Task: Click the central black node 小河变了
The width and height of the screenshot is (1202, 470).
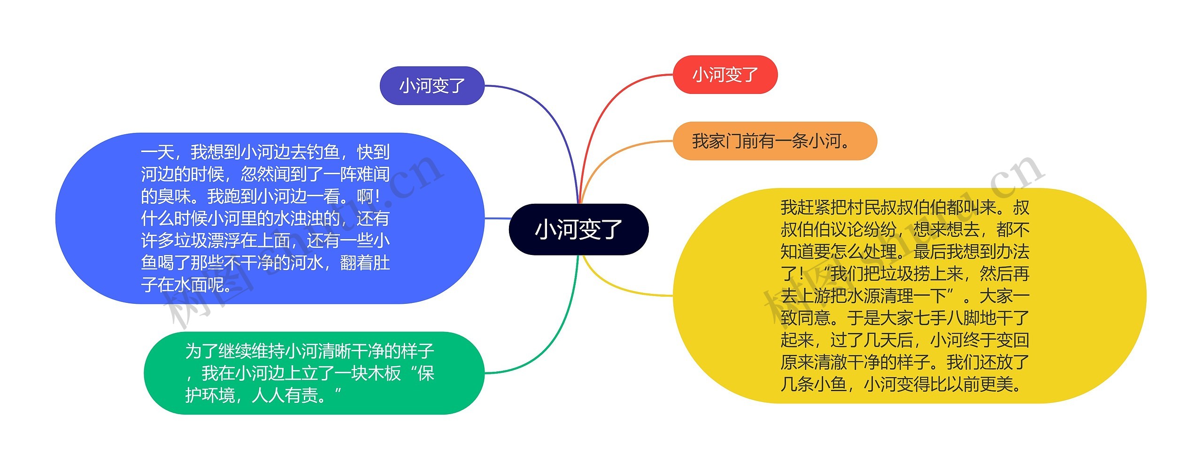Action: pyautogui.click(x=578, y=230)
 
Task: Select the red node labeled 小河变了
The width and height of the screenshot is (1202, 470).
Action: pyautogui.click(x=725, y=75)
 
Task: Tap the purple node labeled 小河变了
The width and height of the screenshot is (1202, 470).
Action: pyautogui.click(x=431, y=86)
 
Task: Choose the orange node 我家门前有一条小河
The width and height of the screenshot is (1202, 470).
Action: pyautogui.click(x=774, y=141)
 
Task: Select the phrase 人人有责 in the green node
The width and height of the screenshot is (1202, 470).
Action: pyautogui.click(x=285, y=396)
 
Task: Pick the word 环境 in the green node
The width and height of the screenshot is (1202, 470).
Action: pyautogui.click(x=218, y=396)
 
